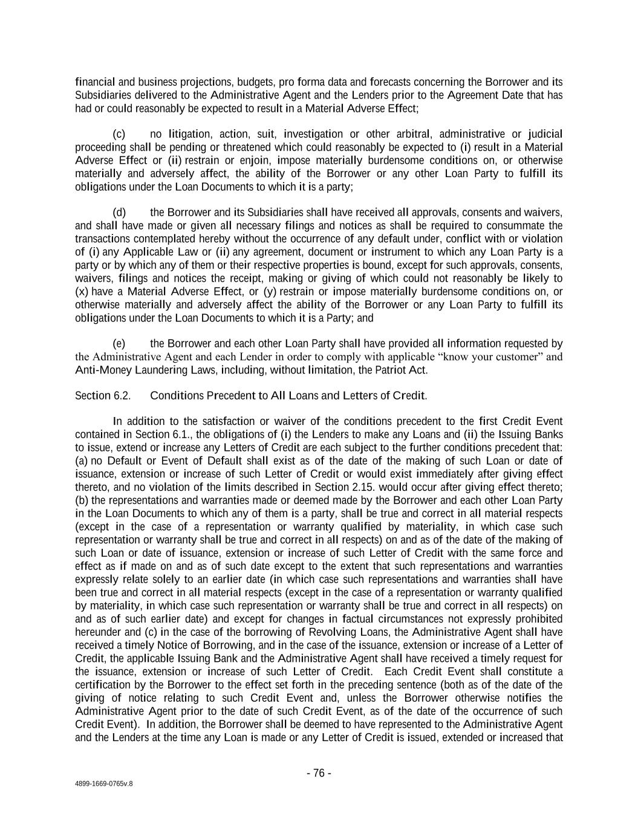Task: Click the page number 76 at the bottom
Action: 319,773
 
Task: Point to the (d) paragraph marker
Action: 119,213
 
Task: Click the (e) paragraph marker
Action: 119,344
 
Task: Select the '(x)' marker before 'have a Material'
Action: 82,292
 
